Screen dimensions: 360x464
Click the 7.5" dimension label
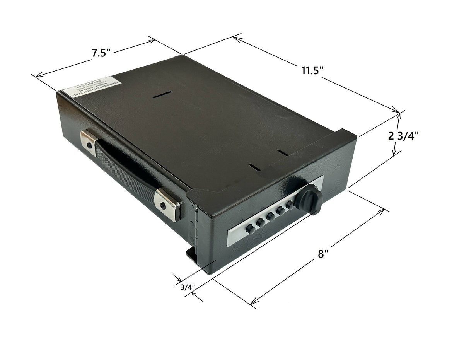[101, 53]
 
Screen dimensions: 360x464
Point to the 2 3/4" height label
[403, 136]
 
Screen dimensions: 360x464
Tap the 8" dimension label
[323, 254]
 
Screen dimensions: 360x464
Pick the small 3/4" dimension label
[187, 287]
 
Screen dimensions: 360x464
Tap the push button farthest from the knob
[250, 229]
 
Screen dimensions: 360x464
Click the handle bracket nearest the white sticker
[89, 143]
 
